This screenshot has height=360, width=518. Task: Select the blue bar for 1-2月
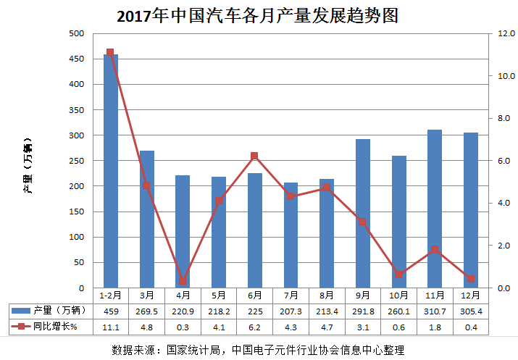coord(110,171)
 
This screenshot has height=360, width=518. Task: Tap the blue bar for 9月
coord(363,214)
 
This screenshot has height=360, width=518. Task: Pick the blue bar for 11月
coord(435,209)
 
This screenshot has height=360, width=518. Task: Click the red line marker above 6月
coord(254,156)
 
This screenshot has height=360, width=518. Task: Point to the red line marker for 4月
coord(183,281)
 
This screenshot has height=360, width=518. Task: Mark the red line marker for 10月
coord(398,275)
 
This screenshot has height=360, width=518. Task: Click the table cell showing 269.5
coord(146,311)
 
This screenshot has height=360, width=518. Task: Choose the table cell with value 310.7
coord(435,311)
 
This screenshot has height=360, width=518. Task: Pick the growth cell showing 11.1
coord(110,327)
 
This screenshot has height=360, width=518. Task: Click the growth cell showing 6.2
coord(254,327)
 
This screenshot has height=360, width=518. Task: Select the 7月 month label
coord(291,296)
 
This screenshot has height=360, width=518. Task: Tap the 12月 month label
coord(470,296)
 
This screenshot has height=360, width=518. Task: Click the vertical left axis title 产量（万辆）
coord(28,166)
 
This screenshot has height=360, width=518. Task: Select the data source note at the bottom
coord(258,350)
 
